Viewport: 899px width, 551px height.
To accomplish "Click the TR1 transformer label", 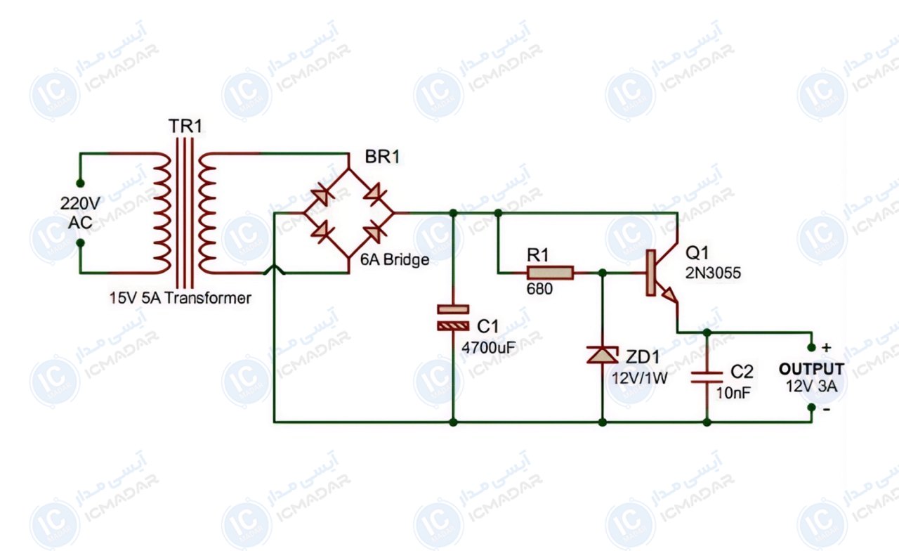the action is click(185, 126).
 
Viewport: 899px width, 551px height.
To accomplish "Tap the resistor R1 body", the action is click(550, 273).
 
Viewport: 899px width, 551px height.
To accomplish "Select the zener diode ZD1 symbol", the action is click(602, 355).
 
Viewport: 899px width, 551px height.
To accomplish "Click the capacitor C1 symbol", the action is click(453, 318).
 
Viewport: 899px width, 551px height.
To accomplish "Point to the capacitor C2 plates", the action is click(707, 377).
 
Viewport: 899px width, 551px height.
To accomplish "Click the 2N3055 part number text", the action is click(713, 273).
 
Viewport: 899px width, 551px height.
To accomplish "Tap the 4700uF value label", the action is click(488, 348).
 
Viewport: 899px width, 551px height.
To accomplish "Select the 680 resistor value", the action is click(539, 289).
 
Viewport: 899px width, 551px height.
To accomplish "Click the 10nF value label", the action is click(733, 393).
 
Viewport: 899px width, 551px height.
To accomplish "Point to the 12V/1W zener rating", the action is click(640, 378).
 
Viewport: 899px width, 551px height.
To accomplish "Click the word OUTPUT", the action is click(811, 369).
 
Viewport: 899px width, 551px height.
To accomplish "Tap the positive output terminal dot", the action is click(811, 347).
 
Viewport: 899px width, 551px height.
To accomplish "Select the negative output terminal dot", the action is click(811, 408).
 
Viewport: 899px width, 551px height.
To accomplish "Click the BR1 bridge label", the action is click(382, 157).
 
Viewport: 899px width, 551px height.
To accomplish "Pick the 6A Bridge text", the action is click(395, 260).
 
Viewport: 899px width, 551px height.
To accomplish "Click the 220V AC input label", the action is click(80, 213).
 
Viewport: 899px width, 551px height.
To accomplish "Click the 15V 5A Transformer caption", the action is click(181, 298).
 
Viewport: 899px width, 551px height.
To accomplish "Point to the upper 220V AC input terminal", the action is click(80, 183).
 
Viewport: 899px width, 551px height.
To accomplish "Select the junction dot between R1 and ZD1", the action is click(602, 273).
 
